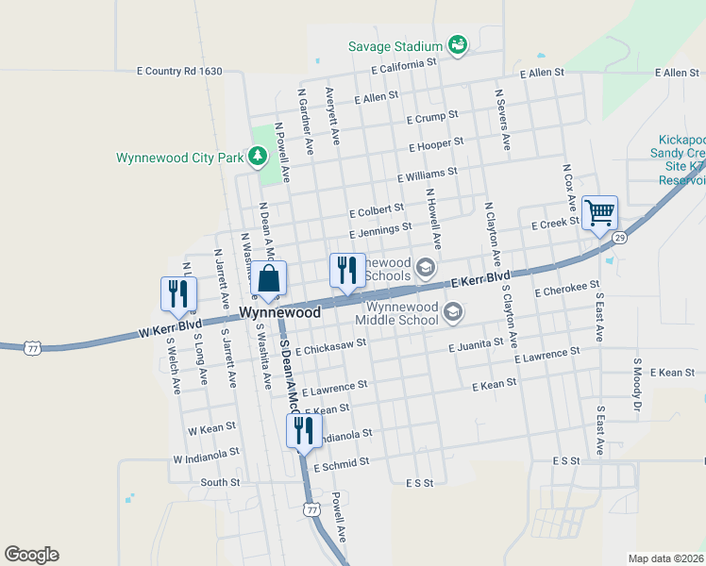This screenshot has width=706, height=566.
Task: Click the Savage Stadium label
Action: [x=395, y=46]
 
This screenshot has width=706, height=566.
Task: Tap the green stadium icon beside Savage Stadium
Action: [x=458, y=46]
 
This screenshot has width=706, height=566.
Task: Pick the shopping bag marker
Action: [x=269, y=279]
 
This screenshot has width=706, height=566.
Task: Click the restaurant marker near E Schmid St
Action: [x=303, y=431]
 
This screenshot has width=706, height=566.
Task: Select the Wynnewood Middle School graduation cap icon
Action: [x=453, y=311]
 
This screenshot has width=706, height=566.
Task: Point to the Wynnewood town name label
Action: [x=280, y=311]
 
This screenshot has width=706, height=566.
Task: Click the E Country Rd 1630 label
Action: [x=179, y=71]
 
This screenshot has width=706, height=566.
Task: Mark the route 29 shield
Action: [x=619, y=238]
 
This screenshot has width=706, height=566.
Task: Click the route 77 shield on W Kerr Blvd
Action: [x=33, y=348]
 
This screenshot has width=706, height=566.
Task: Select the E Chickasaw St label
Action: [x=330, y=348]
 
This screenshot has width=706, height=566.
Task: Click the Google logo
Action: [x=31, y=555]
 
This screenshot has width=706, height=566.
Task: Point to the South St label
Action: [x=221, y=482]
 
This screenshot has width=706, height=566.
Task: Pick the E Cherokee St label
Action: [x=566, y=288]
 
